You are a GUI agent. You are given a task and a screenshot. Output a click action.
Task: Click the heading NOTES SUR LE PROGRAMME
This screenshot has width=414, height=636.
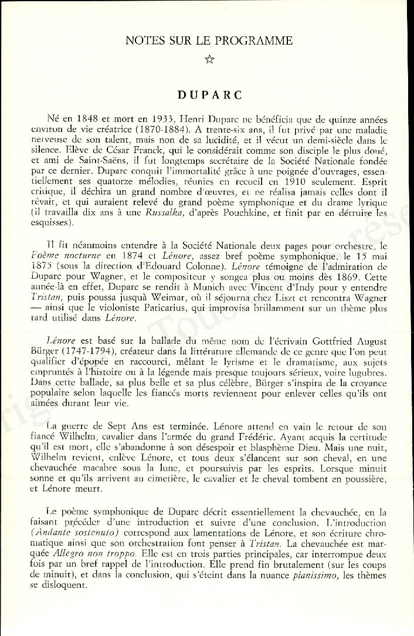(209, 40)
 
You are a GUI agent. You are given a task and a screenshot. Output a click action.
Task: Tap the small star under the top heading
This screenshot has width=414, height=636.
(209, 58)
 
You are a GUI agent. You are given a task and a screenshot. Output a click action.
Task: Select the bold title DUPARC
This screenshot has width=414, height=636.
(209, 94)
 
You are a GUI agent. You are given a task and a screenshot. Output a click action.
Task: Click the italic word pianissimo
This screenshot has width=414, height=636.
(314, 575)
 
